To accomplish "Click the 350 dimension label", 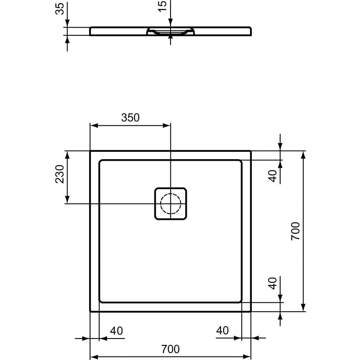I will click(x=130, y=118).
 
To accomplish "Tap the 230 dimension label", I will click(x=59, y=174).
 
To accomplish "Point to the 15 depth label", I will click(x=163, y=6).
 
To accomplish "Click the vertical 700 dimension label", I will click(x=295, y=231).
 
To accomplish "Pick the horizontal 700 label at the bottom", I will click(x=170, y=349).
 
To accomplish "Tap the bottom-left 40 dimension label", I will click(x=116, y=331).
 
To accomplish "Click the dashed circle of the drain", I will click(x=170, y=204).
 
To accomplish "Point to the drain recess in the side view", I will click(x=170, y=31).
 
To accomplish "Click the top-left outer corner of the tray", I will click(x=90, y=151).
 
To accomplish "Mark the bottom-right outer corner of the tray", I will click(x=250, y=311).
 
